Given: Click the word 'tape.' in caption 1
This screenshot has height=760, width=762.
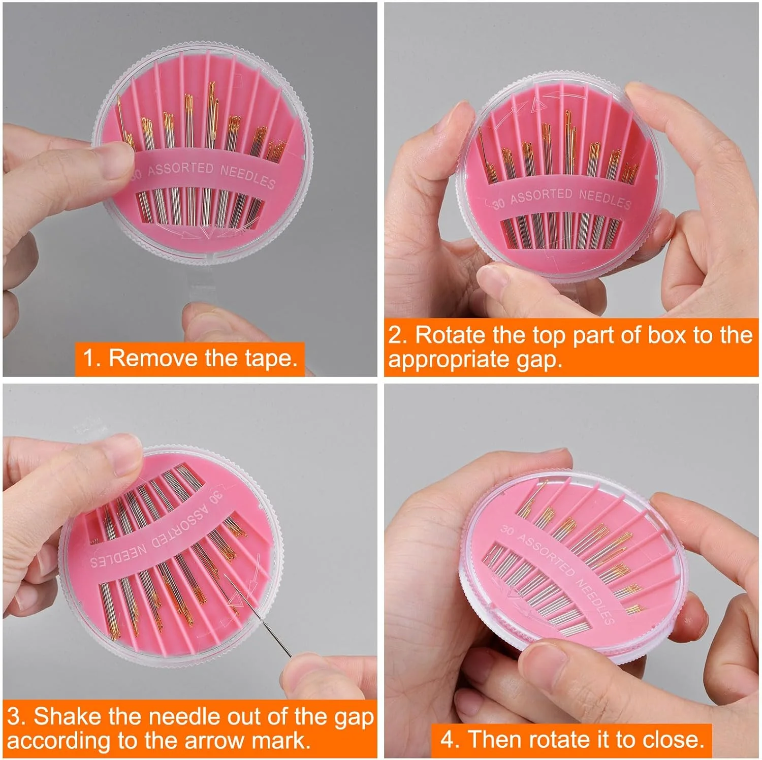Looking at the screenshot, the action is (x=271, y=358).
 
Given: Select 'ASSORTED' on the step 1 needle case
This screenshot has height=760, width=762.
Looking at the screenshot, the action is (x=180, y=169).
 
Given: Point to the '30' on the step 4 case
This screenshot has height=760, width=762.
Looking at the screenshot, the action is (x=507, y=530).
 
